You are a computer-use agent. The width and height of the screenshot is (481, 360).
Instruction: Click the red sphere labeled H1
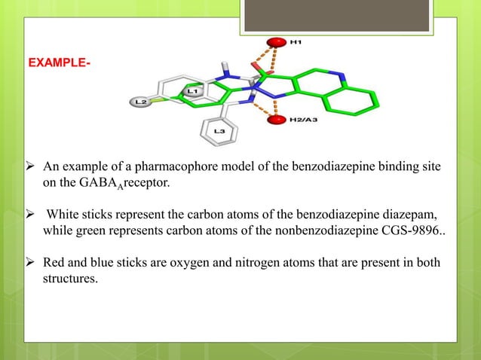pos(279,41)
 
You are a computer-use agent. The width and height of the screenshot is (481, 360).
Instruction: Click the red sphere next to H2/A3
pos(279,119)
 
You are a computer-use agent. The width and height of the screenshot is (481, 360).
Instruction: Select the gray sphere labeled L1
pos(191,92)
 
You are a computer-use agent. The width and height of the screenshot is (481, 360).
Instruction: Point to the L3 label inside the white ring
pos(219,133)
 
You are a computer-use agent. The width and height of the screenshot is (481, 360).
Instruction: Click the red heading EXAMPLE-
pos(60,60)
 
